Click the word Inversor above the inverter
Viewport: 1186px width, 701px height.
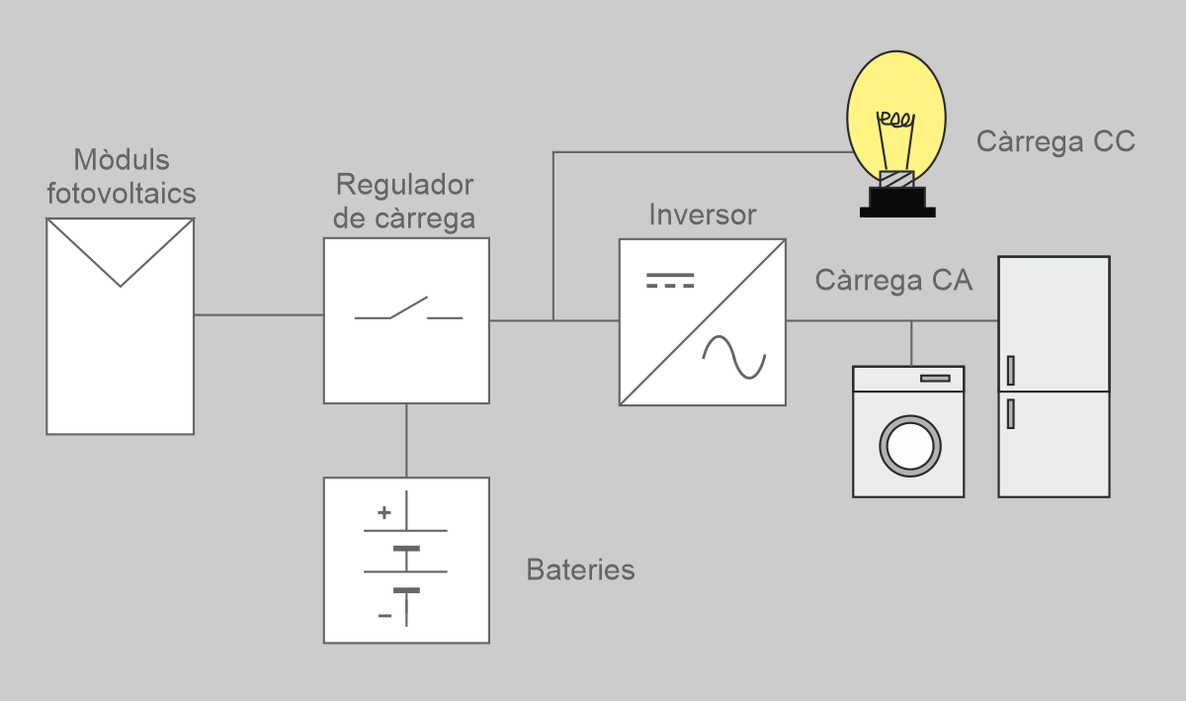pyautogui.click(x=702, y=215)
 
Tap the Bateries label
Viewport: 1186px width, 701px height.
pyautogui.click(x=580, y=570)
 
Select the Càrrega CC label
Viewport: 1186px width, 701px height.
pyautogui.click(x=1055, y=141)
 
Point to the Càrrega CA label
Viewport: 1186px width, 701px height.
pyautogui.click(x=893, y=280)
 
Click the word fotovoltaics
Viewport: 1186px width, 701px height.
pyautogui.click(x=122, y=193)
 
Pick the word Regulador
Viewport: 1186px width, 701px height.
pyautogui.click(x=404, y=185)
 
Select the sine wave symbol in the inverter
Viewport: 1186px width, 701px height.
pyautogui.click(x=733, y=357)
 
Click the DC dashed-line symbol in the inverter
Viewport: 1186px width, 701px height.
pyautogui.click(x=670, y=279)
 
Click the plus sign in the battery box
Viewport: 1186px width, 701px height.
pyautogui.click(x=384, y=513)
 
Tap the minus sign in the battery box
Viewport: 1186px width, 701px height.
pyautogui.click(x=384, y=616)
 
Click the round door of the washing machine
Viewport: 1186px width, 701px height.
pyautogui.click(x=908, y=446)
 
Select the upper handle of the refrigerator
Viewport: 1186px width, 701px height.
pyautogui.click(x=1010, y=370)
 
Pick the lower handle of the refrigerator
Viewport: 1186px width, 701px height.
pyautogui.click(x=1010, y=412)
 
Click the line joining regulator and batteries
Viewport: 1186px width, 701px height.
pyautogui.click(x=406, y=440)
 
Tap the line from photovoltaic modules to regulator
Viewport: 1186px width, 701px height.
pyautogui.click(x=259, y=315)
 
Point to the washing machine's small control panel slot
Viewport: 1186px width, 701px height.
pyautogui.click(x=935, y=378)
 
